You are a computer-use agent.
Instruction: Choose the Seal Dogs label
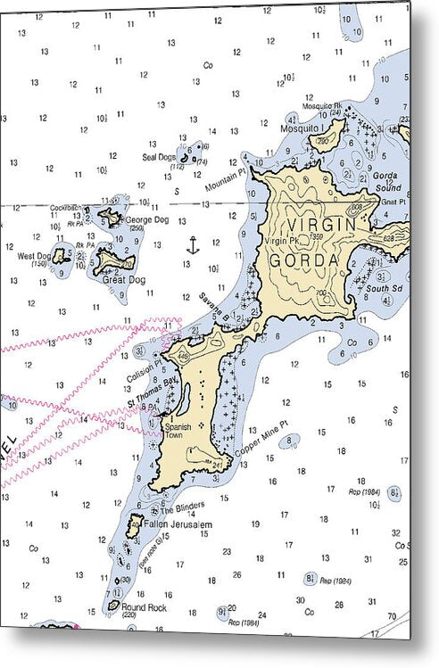160,157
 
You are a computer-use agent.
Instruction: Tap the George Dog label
147,219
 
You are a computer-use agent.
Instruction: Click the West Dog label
33,255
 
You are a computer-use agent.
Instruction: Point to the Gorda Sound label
386,183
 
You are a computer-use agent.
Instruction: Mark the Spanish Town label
178,430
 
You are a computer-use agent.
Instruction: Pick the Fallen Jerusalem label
178,524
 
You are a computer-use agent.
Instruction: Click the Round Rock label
145,608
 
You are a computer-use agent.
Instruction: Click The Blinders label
176,509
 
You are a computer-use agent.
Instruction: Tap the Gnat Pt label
393,202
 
